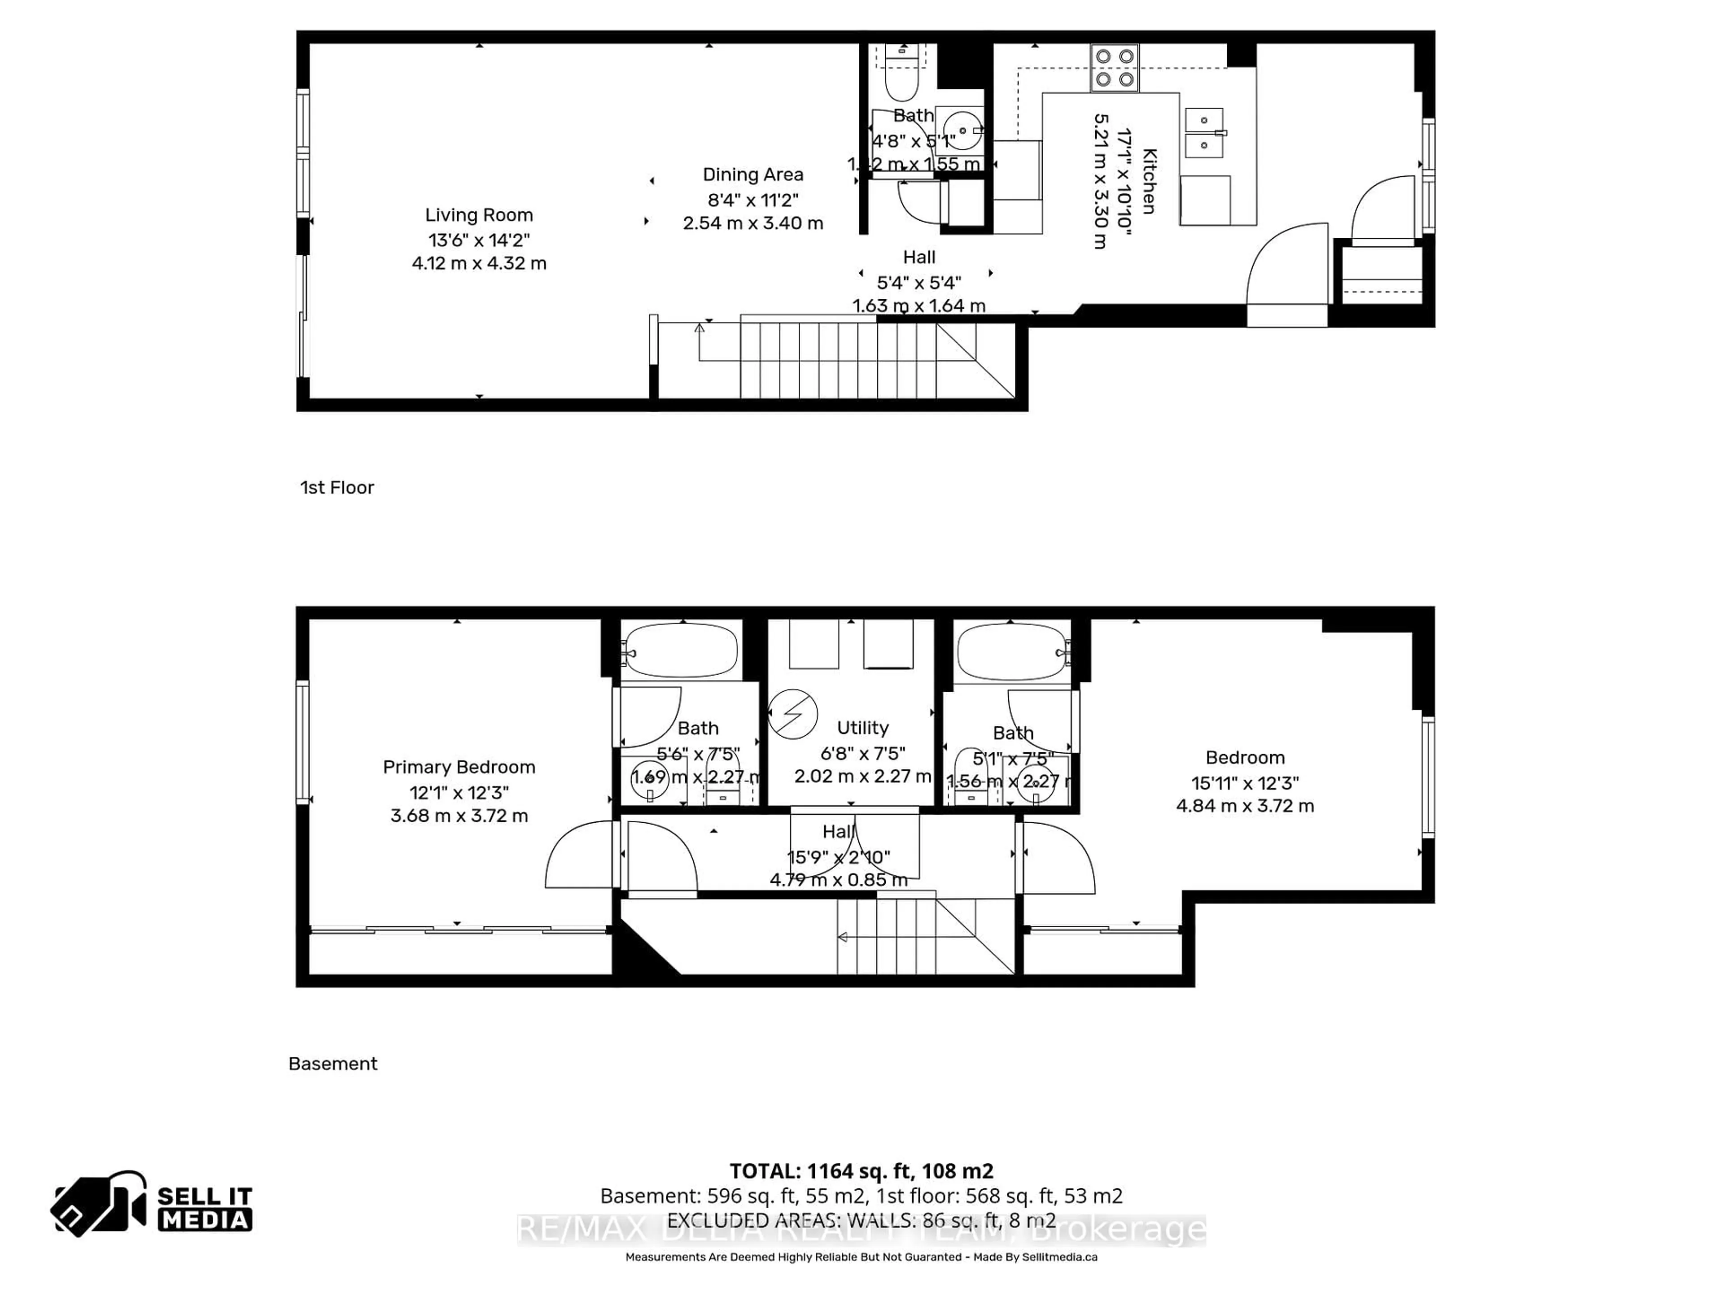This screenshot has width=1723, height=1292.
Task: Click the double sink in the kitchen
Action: (1204, 132)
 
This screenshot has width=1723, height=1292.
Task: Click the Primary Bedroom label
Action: (459, 767)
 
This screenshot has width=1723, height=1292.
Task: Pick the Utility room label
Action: (862, 727)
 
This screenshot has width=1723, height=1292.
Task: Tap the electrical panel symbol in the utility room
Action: (792, 713)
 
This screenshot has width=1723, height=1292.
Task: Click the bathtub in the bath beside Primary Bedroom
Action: (681, 650)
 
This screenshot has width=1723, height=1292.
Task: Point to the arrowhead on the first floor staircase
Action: (699, 328)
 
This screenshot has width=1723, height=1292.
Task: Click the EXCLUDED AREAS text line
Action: (861, 1220)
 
